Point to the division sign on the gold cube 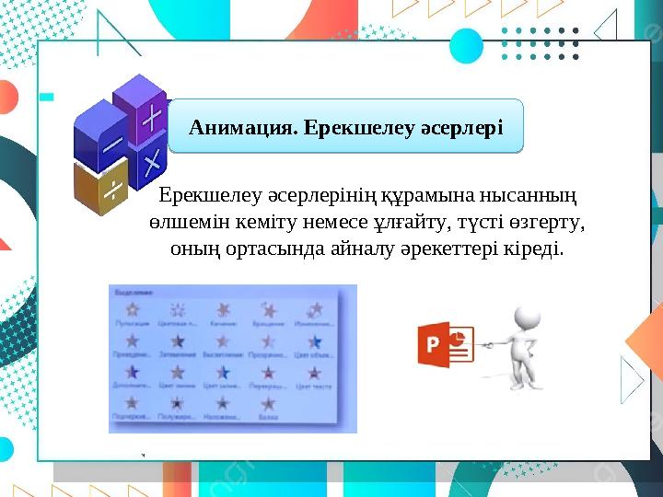coord(111,190)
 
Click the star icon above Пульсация coord(133,309)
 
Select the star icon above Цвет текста coord(314,372)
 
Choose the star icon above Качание coord(223,309)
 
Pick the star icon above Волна coord(268,403)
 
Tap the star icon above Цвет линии coord(178,372)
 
